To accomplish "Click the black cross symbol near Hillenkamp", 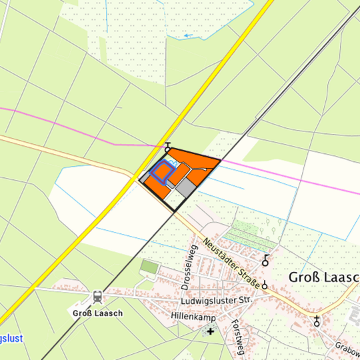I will pyautogui.click(x=211, y=331).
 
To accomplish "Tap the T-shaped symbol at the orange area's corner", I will pyautogui.click(x=167, y=147).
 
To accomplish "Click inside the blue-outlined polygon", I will pyautogui.click(x=161, y=171).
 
